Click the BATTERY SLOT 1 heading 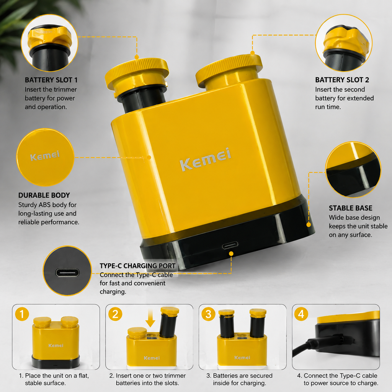(x=51, y=80)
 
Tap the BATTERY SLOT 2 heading (x=342, y=80)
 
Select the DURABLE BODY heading (x=44, y=195)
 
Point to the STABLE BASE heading (x=351, y=208)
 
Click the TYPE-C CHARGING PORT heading (x=137, y=266)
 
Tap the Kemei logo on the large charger (x=206, y=159)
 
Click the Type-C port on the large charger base (x=230, y=245)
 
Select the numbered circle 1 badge (x=22, y=314)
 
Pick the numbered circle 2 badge (x=115, y=314)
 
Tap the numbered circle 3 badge (x=208, y=314)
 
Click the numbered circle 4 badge (x=301, y=314)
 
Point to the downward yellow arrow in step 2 (x=150, y=318)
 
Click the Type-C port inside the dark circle (x=67, y=273)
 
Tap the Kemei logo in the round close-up (x=45, y=155)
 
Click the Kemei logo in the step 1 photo (x=56, y=346)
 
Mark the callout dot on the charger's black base (x=309, y=225)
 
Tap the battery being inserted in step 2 (x=169, y=322)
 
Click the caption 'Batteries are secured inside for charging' (x=240, y=379)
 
